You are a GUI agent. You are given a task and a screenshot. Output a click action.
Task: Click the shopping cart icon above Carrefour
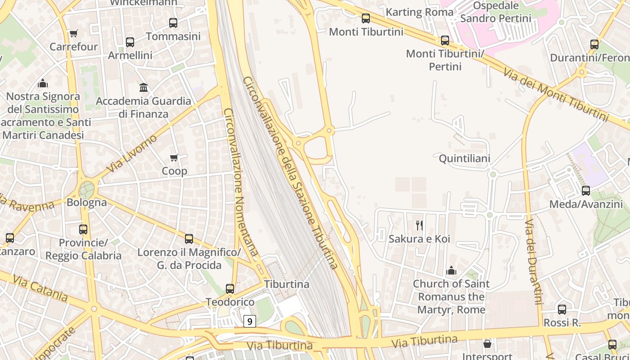pos(74,33)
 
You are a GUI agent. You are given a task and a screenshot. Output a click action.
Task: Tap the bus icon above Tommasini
pos(173,23)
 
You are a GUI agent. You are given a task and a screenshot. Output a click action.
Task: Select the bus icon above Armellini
pos(130,42)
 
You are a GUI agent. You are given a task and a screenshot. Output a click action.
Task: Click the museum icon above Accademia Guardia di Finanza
pos(144,87)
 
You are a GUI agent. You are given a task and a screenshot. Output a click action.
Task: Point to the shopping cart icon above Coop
pos(174,157)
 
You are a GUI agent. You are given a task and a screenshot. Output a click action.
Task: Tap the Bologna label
pos(86,202)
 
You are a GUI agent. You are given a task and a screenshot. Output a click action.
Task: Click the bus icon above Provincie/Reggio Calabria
pos(83,229)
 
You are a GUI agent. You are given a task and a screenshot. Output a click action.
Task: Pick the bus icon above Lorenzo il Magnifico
pos(189,239)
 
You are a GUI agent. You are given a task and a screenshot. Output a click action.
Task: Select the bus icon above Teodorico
pos(230,289)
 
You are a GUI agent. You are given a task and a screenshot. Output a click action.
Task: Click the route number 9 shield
pos(250,321)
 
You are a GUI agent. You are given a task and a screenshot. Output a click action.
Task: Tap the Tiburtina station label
pos(287,284)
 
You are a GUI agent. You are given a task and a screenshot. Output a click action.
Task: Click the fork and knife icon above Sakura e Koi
pos(419,225)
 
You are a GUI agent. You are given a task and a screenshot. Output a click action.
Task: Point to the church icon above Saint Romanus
pos(451,270)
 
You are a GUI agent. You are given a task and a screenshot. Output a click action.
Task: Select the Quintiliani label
pos(464,158)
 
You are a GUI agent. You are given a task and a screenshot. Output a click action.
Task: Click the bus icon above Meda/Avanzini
pos(586,191)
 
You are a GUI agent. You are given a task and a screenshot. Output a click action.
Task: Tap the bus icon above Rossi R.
pos(562,310)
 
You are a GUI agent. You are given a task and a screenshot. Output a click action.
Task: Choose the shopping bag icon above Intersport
pos(487,344)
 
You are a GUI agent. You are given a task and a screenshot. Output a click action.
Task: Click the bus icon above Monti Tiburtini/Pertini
pos(445,40)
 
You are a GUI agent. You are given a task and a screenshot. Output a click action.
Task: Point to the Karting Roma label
pos(419,12)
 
